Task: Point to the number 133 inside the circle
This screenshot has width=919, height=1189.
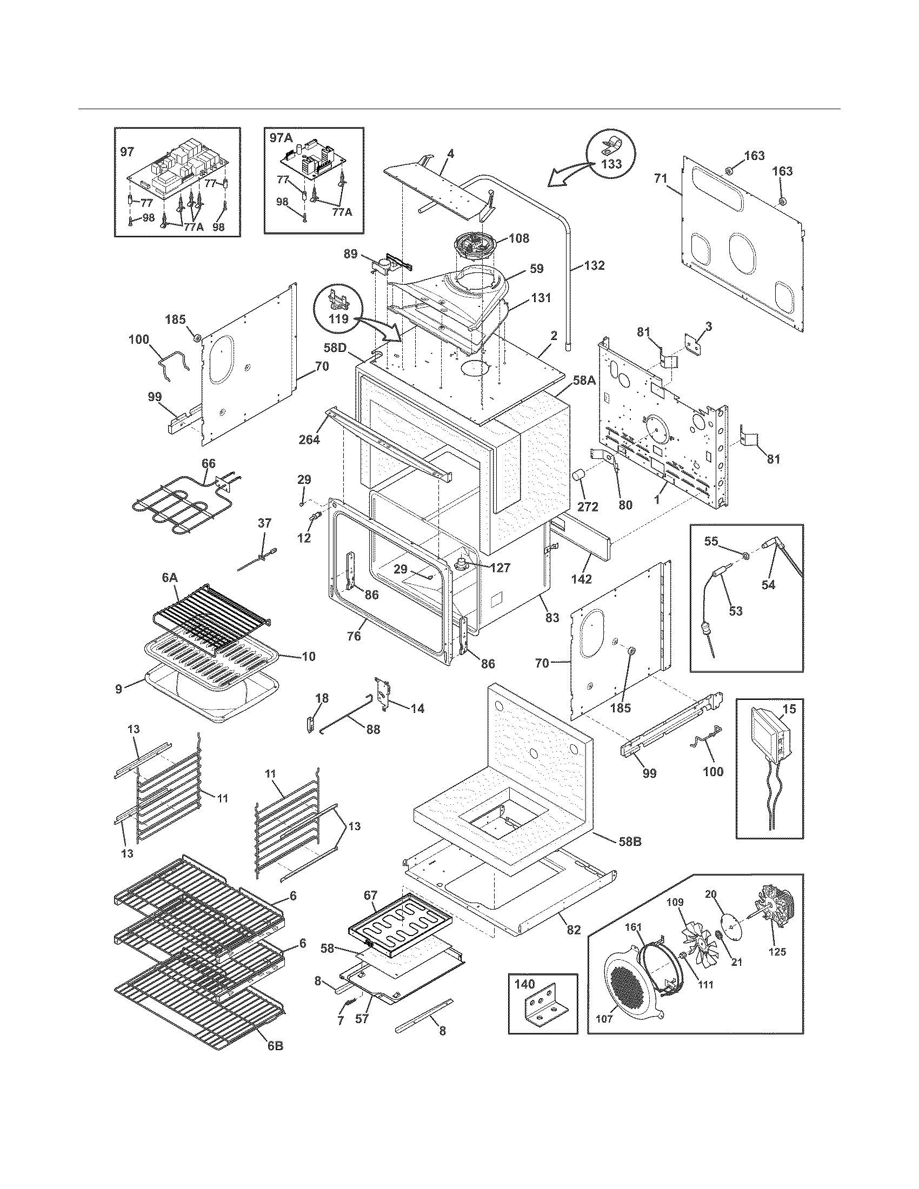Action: tap(611, 164)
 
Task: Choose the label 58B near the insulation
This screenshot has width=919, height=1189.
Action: tap(629, 841)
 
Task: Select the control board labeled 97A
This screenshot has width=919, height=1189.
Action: tap(313, 164)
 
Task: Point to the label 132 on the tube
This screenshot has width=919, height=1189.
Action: tap(594, 266)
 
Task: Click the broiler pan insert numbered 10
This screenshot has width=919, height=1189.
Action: tap(212, 653)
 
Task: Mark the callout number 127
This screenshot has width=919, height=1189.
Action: tap(500, 568)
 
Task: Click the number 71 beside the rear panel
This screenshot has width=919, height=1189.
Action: tap(661, 178)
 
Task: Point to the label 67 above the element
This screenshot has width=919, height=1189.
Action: tap(370, 895)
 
